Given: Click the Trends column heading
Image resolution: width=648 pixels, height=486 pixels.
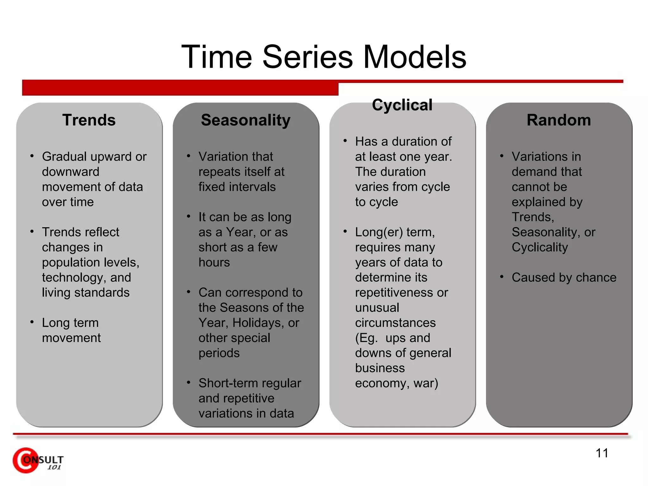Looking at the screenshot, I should point(89,120).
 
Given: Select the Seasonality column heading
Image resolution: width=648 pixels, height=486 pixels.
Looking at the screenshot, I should point(246,120).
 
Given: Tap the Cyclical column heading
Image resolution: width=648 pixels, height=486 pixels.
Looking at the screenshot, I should point(402,105).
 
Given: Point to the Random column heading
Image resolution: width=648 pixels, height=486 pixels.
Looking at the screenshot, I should point(558,120).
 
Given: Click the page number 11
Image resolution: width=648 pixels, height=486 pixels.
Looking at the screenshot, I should point(602,453).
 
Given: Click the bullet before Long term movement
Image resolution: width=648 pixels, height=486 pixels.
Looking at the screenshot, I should point(32,322).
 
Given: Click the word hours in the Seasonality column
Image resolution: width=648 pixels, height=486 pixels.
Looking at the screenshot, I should point(214,263).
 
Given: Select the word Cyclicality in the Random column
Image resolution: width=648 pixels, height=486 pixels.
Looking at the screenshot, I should point(540,247).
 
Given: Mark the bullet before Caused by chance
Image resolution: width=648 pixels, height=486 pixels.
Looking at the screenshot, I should point(502,277).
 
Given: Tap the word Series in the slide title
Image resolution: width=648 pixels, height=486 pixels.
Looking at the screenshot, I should point(307,57).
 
